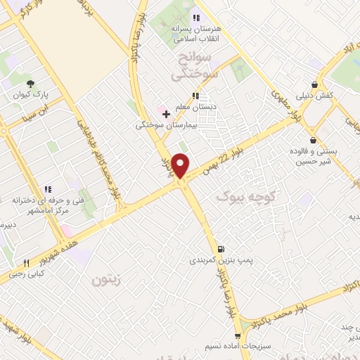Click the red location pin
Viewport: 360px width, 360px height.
(x=181, y=165)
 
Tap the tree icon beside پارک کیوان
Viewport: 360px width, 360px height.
(x=30, y=82)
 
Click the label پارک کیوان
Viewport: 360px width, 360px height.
(x=30, y=94)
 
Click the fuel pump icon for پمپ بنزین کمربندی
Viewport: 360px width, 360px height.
(x=221, y=248)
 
